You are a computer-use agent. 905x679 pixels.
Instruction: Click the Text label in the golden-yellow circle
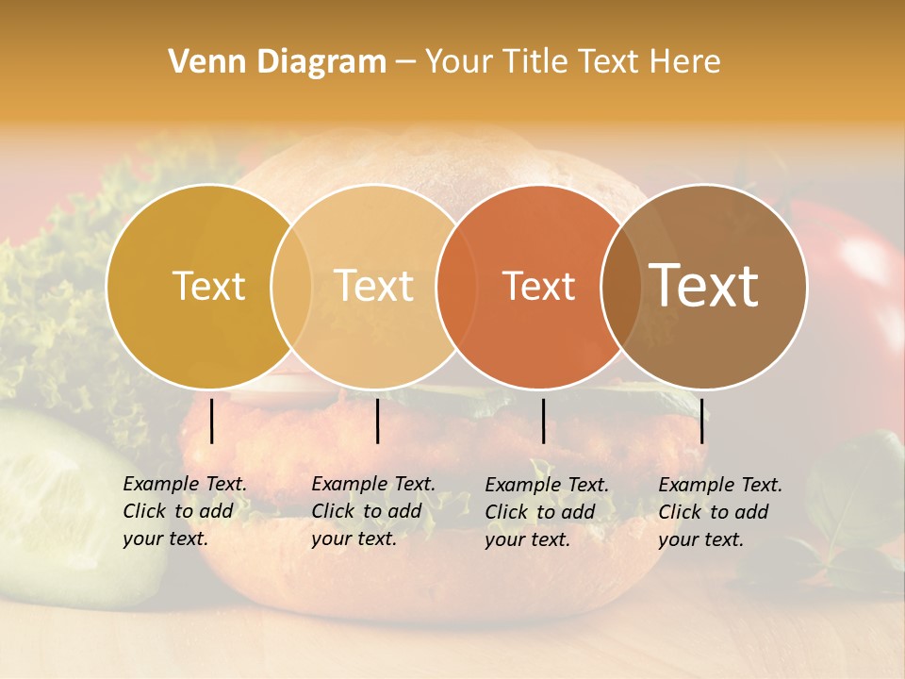coord(208,286)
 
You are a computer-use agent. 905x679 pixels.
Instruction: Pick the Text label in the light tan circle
coord(374,286)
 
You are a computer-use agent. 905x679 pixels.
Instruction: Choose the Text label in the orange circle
coord(538,286)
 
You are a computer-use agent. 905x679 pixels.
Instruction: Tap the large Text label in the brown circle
coord(704,285)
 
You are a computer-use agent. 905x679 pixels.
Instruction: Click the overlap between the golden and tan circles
coord(291,287)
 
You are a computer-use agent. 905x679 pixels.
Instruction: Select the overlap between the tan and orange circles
coord(456,287)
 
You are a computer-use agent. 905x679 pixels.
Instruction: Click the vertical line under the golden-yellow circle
coord(212,421)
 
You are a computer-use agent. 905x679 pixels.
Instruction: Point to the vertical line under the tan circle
coord(377,421)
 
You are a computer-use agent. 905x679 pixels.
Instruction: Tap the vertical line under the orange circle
coord(543,421)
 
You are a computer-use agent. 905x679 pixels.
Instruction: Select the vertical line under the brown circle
coord(702,421)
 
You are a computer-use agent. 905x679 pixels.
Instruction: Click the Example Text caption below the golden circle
coord(184,511)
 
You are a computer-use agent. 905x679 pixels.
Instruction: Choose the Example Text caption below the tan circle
coord(372,511)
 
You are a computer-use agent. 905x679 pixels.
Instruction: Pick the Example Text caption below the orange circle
coord(546,512)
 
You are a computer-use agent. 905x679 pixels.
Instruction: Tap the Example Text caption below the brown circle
coord(719,512)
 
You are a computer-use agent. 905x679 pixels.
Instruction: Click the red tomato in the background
coord(853,283)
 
